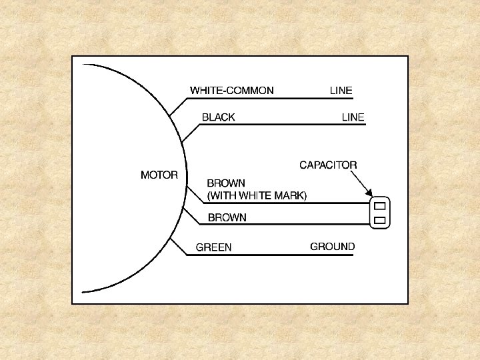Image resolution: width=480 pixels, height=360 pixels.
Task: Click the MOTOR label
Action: [x=159, y=175]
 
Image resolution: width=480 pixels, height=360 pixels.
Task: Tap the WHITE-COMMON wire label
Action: [x=231, y=91]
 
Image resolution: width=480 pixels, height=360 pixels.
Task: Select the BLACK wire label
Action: [x=218, y=117]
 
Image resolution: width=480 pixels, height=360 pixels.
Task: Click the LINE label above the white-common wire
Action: [x=341, y=91]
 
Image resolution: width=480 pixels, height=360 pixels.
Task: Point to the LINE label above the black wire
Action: [x=353, y=117]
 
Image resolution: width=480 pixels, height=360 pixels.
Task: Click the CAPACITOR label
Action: [x=328, y=165]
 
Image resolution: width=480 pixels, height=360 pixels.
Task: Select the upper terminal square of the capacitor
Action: [x=379, y=206]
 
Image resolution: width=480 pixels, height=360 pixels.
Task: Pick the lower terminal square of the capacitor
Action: [x=379, y=219]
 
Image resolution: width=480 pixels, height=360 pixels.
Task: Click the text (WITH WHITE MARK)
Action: [x=257, y=196]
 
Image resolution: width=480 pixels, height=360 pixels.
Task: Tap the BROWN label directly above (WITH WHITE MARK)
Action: [x=226, y=183]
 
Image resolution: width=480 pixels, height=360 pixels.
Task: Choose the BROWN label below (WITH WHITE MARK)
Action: [x=227, y=217]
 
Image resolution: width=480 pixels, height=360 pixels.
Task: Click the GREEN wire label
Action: [x=213, y=247]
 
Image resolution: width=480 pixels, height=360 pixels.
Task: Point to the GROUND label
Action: [x=332, y=247]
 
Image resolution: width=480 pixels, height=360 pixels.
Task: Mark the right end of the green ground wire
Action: [x=354, y=255]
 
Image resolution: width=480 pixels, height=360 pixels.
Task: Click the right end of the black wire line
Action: [x=365, y=125]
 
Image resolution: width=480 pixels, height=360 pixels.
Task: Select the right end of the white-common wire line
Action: [x=353, y=99]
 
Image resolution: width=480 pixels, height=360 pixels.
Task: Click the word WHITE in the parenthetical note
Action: [x=254, y=196]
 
